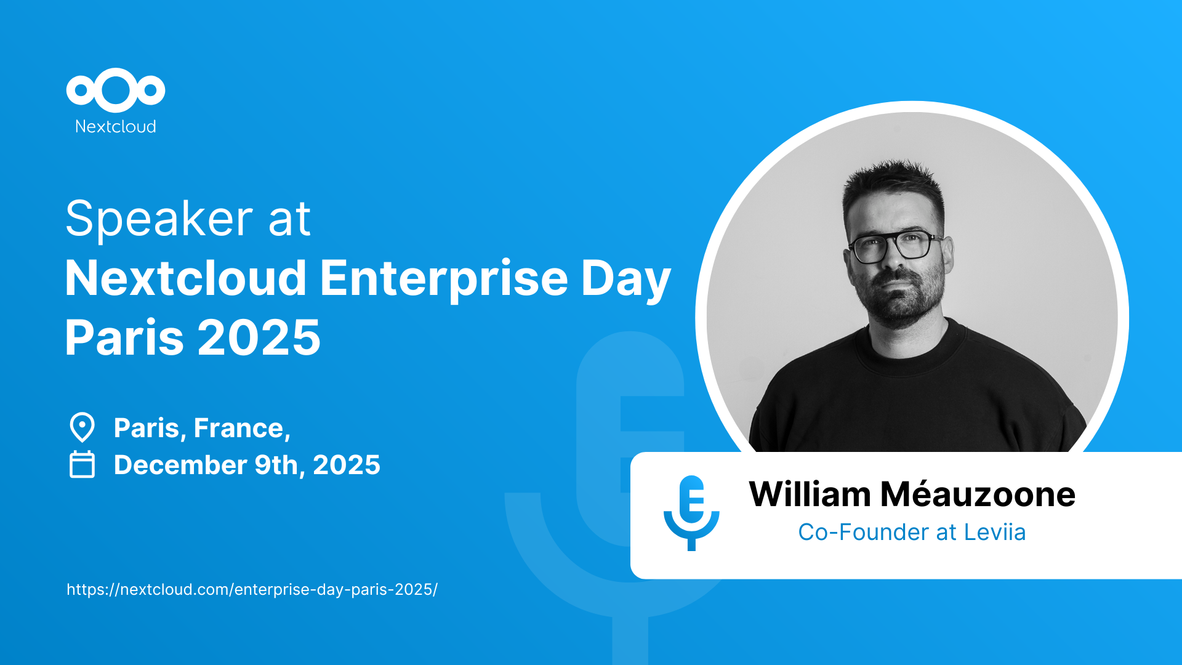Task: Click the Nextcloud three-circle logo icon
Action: click(x=116, y=91)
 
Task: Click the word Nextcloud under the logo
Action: click(x=116, y=126)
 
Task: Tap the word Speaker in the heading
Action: click(x=159, y=219)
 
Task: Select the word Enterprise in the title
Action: click(x=444, y=280)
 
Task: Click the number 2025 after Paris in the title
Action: click(x=259, y=337)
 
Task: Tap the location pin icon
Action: click(x=82, y=427)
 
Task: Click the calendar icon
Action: click(x=82, y=464)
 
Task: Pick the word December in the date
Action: click(x=180, y=465)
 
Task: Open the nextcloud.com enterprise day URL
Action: click(x=252, y=589)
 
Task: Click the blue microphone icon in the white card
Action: click(x=691, y=512)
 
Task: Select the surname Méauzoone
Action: click(x=978, y=494)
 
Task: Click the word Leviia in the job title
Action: click(x=995, y=533)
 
